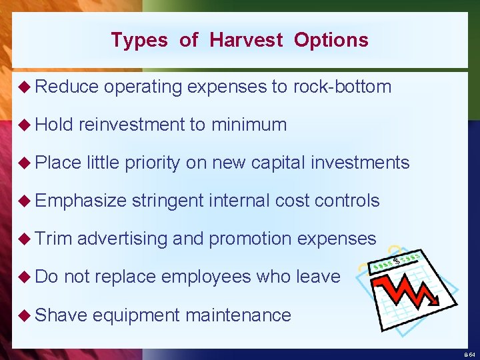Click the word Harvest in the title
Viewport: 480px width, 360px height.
point(246,40)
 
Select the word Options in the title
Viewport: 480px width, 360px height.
point(331,40)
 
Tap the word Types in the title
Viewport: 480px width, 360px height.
point(140,40)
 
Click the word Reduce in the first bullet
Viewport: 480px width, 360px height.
point(67,87)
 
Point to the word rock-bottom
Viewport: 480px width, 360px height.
point(342,87)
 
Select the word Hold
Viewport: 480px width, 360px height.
point(54,125)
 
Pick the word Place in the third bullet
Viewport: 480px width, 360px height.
point(58,163)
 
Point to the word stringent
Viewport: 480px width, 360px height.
point(169,201)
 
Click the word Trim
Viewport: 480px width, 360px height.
point(53,239)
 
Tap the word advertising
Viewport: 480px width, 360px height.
point(122,239)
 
